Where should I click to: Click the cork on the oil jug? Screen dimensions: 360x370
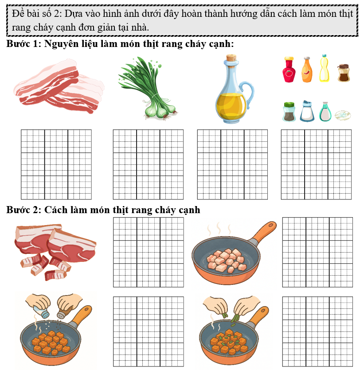[231, 58]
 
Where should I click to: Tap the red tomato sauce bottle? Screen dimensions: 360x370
[289, 70]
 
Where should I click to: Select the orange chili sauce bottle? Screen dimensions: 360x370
[307, 70]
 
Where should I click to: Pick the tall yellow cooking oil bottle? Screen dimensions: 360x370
[324, 68]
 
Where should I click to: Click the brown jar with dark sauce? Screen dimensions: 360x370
[344, 73]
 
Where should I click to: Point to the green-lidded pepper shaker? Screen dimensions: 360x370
[289, 112]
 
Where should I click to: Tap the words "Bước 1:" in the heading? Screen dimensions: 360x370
[23, 44]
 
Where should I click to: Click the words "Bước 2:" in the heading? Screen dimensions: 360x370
[23, 210]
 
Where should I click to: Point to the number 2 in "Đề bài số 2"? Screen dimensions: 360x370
[57, 14]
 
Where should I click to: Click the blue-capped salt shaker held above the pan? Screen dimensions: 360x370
[42, 312]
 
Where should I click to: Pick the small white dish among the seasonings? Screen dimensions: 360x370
[343, 116]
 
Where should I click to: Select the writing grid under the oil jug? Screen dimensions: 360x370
[232, 164]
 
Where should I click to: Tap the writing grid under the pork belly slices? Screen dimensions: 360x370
[56, 164]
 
